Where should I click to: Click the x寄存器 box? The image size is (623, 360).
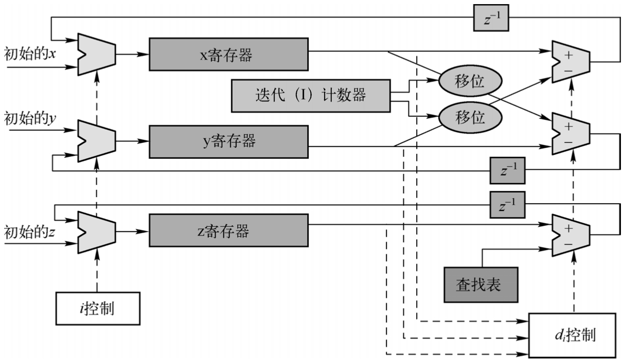[228, 53]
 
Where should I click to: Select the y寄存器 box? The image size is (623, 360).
[228, 141]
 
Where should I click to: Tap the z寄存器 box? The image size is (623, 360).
[228, 231]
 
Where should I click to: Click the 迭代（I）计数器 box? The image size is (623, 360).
[310, 96]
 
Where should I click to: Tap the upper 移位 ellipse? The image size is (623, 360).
[470, 82]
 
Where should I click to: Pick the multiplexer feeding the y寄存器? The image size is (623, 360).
[96, 141]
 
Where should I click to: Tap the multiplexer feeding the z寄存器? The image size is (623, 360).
[96, 231]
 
